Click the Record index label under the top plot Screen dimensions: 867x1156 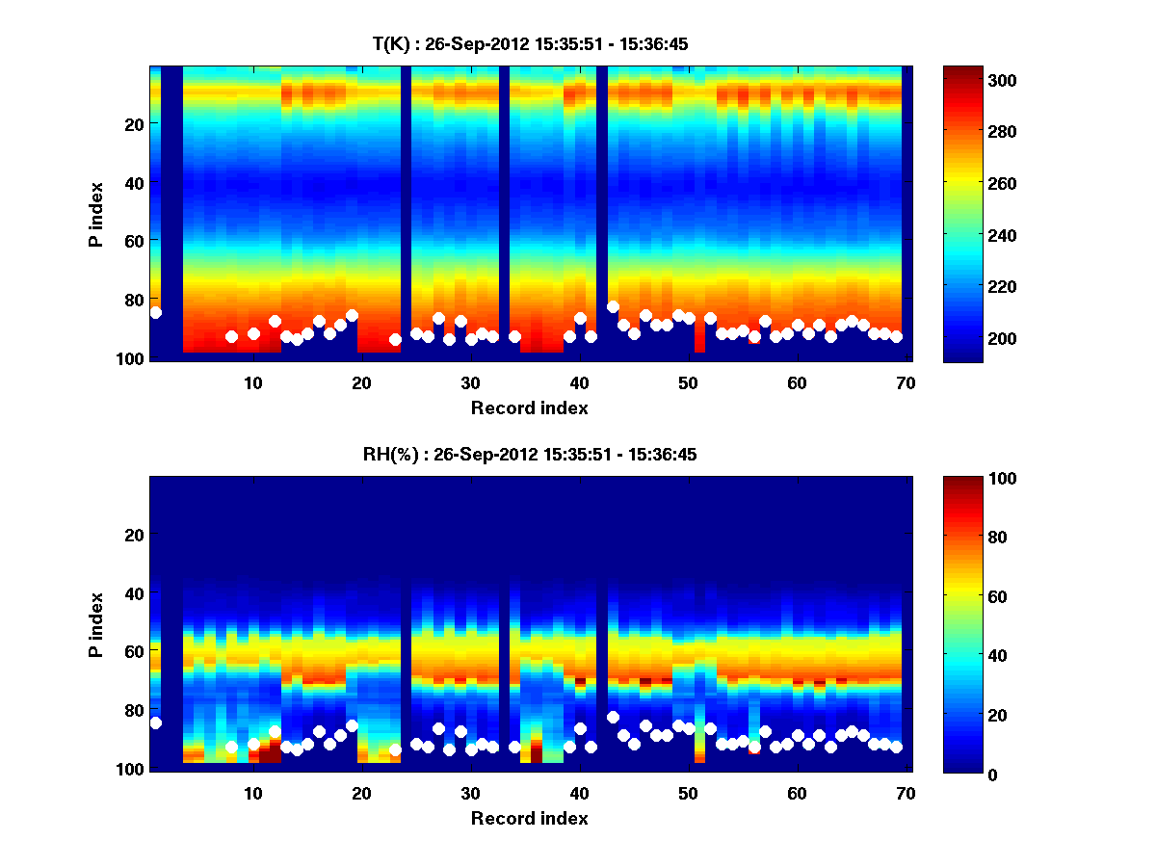point(529,407)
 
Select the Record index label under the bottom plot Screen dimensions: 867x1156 point(529,818)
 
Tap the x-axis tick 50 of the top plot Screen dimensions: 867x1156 point(688,382)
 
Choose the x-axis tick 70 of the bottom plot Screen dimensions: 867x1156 point(906,793)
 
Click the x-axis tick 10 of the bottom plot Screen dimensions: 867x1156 point(252,793)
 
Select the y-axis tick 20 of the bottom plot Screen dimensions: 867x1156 point(134,535)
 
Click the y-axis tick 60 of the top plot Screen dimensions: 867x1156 point(134,240)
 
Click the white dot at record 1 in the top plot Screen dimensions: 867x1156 point(156,312)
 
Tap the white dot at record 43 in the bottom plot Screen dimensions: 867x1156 point(613,717)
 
